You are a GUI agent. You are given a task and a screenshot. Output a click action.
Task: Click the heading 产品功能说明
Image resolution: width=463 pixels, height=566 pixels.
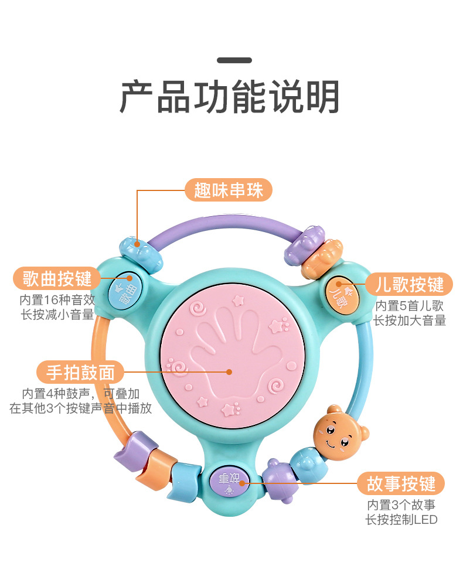[x=230, y=97]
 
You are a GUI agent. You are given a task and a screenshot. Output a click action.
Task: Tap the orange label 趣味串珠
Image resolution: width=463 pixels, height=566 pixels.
[x=229, y=190]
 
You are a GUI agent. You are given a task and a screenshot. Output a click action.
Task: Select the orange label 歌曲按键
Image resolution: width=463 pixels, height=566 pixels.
[x=57, y=278]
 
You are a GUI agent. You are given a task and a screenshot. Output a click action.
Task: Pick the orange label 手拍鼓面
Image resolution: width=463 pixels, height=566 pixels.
[x=81, y=371]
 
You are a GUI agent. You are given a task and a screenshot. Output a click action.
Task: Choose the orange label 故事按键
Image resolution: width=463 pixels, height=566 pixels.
[x=401, y=484]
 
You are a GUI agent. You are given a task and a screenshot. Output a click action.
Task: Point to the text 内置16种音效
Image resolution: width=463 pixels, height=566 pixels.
[x=57, y=299]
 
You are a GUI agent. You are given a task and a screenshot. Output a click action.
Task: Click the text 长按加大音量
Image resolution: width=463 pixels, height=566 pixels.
[x=410, y=320]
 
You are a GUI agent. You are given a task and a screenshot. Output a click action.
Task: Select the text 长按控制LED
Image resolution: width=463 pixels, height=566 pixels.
[x=401, y=519]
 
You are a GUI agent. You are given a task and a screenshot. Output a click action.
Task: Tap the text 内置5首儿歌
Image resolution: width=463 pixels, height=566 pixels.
[x=410, y=305]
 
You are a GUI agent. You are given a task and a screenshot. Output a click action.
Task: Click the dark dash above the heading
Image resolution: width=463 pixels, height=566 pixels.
[x=234, y=60]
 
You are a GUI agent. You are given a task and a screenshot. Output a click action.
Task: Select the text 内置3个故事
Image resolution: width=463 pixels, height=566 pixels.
[x=401, y=504]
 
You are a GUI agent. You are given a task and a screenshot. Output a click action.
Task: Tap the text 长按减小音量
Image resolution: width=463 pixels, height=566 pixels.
[x=57, y=315]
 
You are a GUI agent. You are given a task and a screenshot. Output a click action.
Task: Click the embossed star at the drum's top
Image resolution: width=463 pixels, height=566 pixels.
[x=238, y=301]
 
